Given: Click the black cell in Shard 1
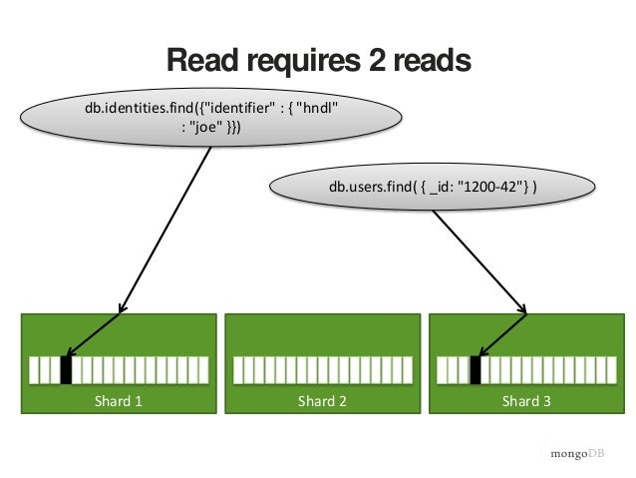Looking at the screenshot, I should tap(67, 370).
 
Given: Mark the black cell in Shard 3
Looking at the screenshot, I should tap(476, 370).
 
